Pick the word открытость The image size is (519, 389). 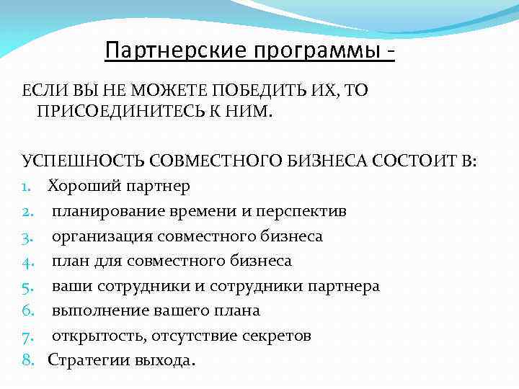coord(97,336)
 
